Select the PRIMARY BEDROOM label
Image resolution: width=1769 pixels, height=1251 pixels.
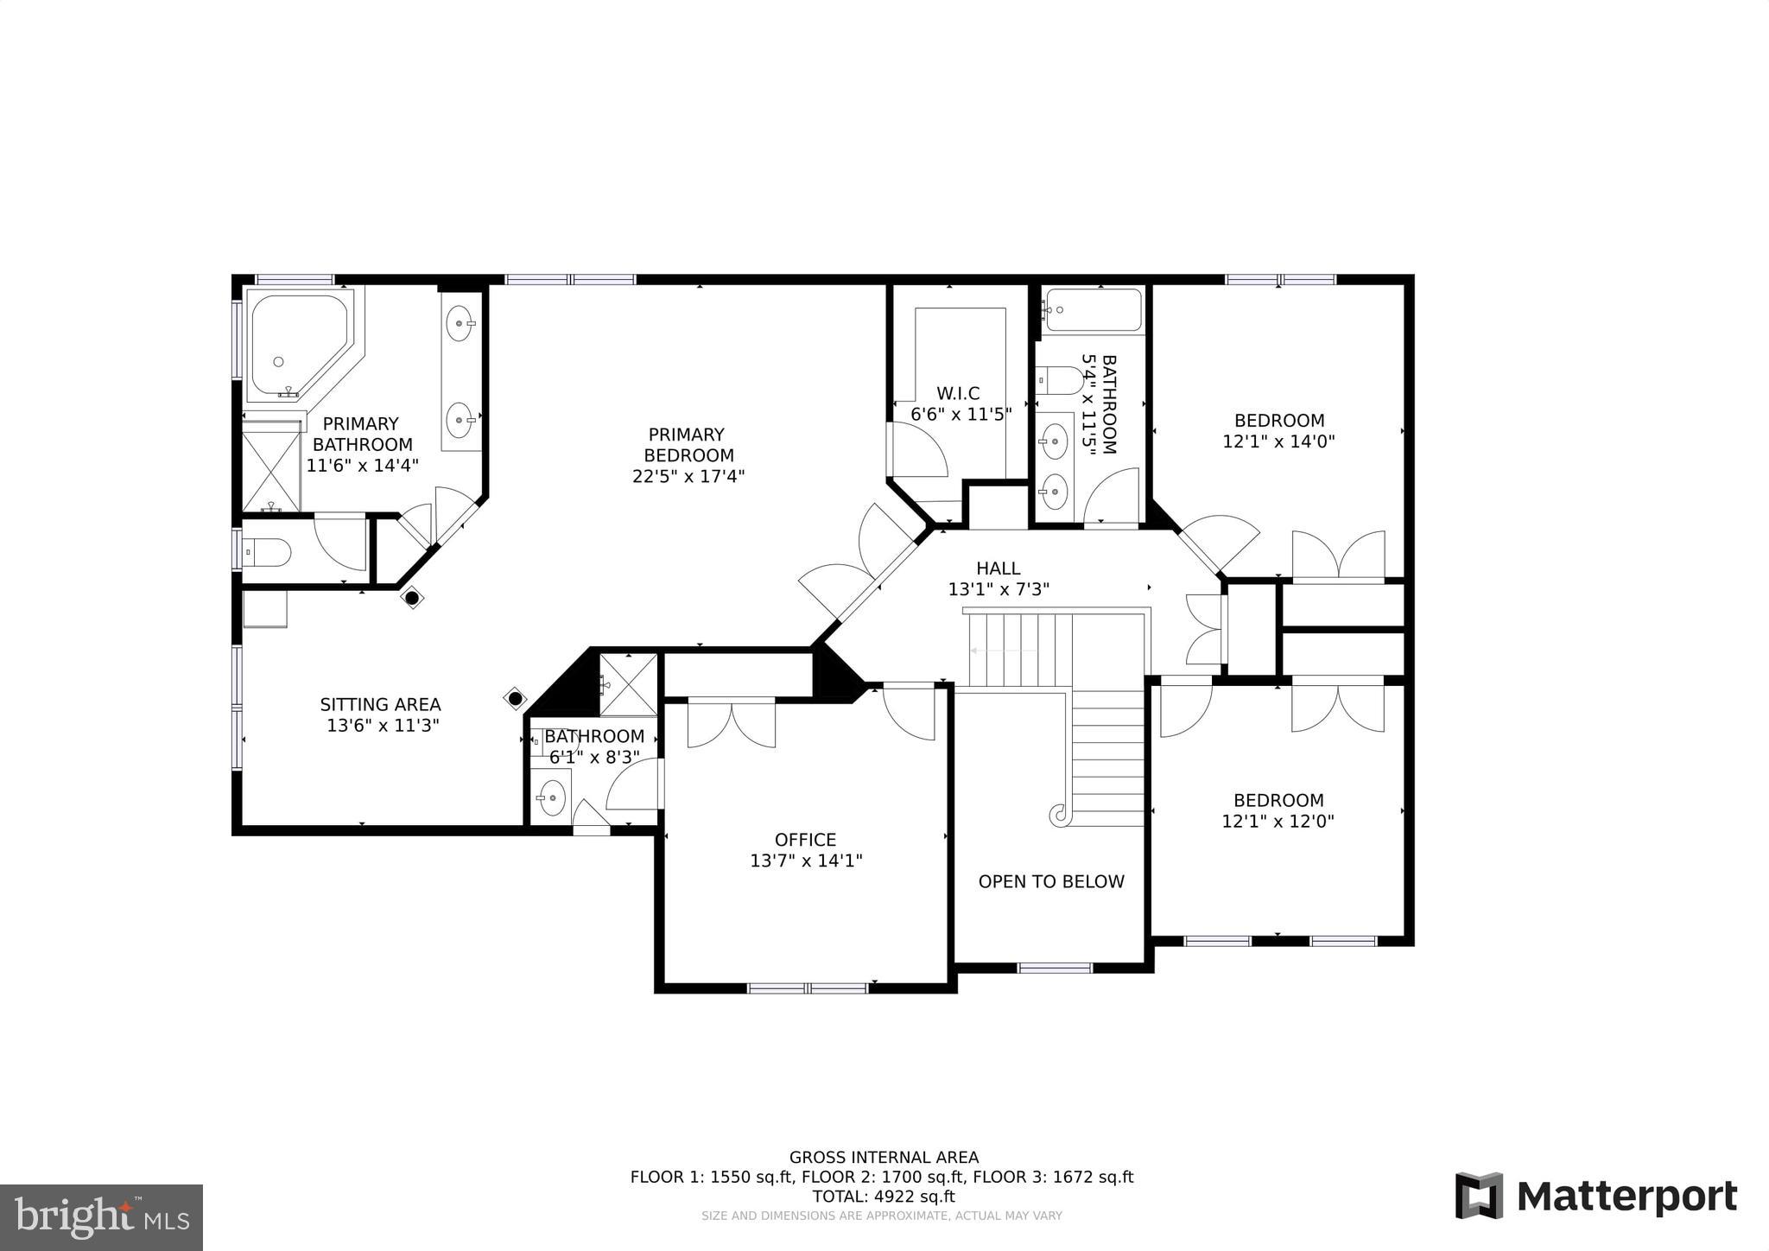click(x=688, y=445)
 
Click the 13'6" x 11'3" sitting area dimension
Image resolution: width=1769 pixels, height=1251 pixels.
click(x=383, y=726)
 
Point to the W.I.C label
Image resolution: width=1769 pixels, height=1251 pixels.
click(x=958, y=394)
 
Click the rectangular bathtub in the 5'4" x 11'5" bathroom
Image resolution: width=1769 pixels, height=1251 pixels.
click(x=1093, y=309)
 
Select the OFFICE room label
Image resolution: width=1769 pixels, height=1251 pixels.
click(x=805, y=840)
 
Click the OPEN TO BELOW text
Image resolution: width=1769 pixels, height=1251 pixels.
click(x=1051, y=881)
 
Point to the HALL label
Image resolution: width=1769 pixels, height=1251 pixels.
click(x=998, y=568)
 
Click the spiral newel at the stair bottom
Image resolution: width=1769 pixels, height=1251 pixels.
click(x=1058, y=813)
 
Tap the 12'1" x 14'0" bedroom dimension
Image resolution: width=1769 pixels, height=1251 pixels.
click(x=1278, y=441)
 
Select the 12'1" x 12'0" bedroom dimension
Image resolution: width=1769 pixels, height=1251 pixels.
click(x=1278, y=822)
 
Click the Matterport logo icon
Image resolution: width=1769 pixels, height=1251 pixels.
click(x=1479, y=1196)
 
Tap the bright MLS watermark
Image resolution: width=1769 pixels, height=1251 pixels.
click(x=101, y=1217)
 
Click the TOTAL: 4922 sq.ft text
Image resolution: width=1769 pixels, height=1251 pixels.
click(x=883, y=1197)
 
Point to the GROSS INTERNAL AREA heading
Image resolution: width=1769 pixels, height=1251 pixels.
click(x=884, y=1158)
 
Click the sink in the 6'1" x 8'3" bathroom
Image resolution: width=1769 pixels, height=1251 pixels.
click(x=550, y=792)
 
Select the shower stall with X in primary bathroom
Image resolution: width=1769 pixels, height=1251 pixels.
click(x=270, y=471)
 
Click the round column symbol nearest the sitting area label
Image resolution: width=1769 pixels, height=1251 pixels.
click(x=516, y=698)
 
